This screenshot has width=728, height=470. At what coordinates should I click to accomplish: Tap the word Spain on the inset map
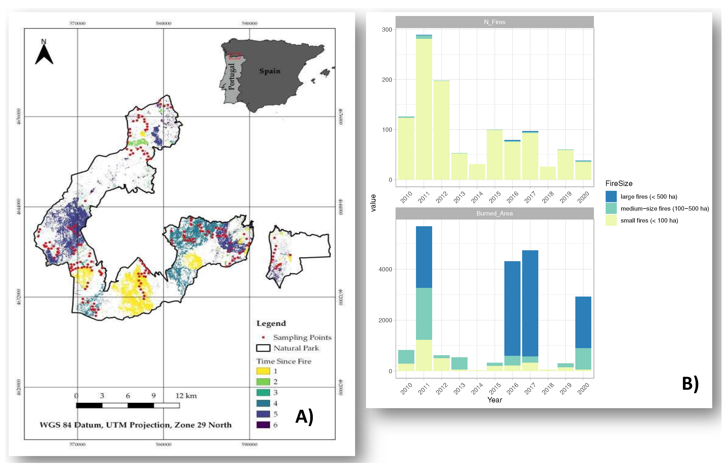[270, 71]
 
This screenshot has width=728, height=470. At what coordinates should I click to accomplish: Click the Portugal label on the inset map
[232, 77]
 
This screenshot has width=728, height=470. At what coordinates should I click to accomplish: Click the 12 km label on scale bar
[186, 396]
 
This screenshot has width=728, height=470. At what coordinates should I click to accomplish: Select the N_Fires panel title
[494, 22]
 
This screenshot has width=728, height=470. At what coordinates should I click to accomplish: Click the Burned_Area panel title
[494, 213]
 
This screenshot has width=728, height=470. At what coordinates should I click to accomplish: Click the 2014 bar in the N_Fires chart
[477, 172]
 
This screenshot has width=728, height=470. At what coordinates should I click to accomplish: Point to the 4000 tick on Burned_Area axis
[385, 269]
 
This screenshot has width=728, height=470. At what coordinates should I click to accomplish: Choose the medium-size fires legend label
[665, 208]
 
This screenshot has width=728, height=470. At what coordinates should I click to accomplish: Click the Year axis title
[494, 400]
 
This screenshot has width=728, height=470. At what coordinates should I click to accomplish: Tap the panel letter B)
[690, 384]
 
